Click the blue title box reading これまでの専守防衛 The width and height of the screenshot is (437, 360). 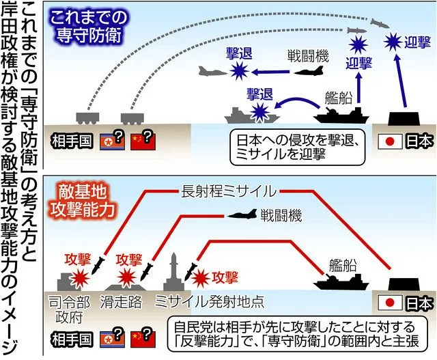click(x=89, y=25)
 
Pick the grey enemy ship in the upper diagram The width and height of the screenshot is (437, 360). click(x=244, y=113)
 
